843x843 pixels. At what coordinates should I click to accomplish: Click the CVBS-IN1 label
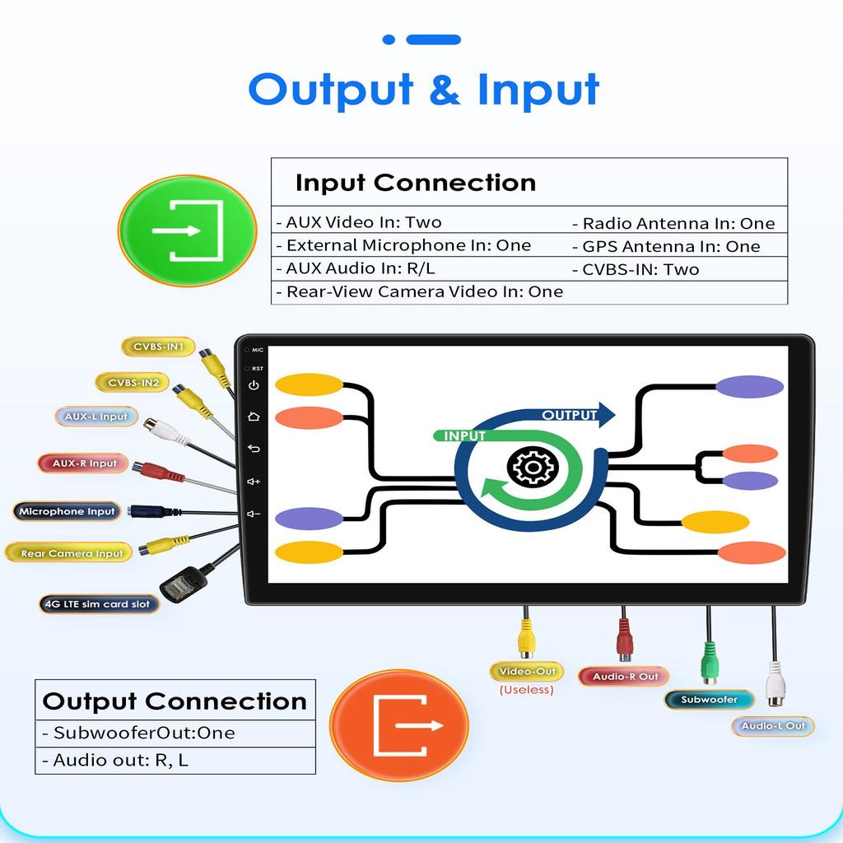[x=158, y=347]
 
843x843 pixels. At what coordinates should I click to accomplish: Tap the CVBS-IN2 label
[x=133, y=383]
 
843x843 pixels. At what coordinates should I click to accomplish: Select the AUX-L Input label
[x=96, y=417]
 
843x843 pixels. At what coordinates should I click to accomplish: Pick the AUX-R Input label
[x=84, y=463]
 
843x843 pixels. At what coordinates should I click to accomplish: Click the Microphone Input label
[x=67, y=511]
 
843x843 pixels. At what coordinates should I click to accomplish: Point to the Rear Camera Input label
[x=71, y=554]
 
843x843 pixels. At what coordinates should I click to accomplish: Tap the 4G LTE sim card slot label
[x=99, y=604]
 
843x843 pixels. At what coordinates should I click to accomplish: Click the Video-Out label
[x=527, y=672]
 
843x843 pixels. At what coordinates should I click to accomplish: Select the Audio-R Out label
[x=626, y=677]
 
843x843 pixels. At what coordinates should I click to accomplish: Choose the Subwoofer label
[x=709, y=700]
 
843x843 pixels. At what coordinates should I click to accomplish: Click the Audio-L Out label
[x=772, y=726]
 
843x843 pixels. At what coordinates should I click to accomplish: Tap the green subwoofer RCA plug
[x=709, y=664]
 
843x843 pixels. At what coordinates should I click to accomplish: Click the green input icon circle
[x=188, y=231]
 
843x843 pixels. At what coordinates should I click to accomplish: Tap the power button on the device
[x=254, y=385]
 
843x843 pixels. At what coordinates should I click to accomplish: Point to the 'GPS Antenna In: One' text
[x=671, y=246]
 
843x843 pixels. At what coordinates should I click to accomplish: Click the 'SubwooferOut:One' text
[x=144, y=733]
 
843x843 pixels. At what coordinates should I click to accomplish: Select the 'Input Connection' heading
[x=415, y=182]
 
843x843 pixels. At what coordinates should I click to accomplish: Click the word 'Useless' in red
[x=527, y=690]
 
